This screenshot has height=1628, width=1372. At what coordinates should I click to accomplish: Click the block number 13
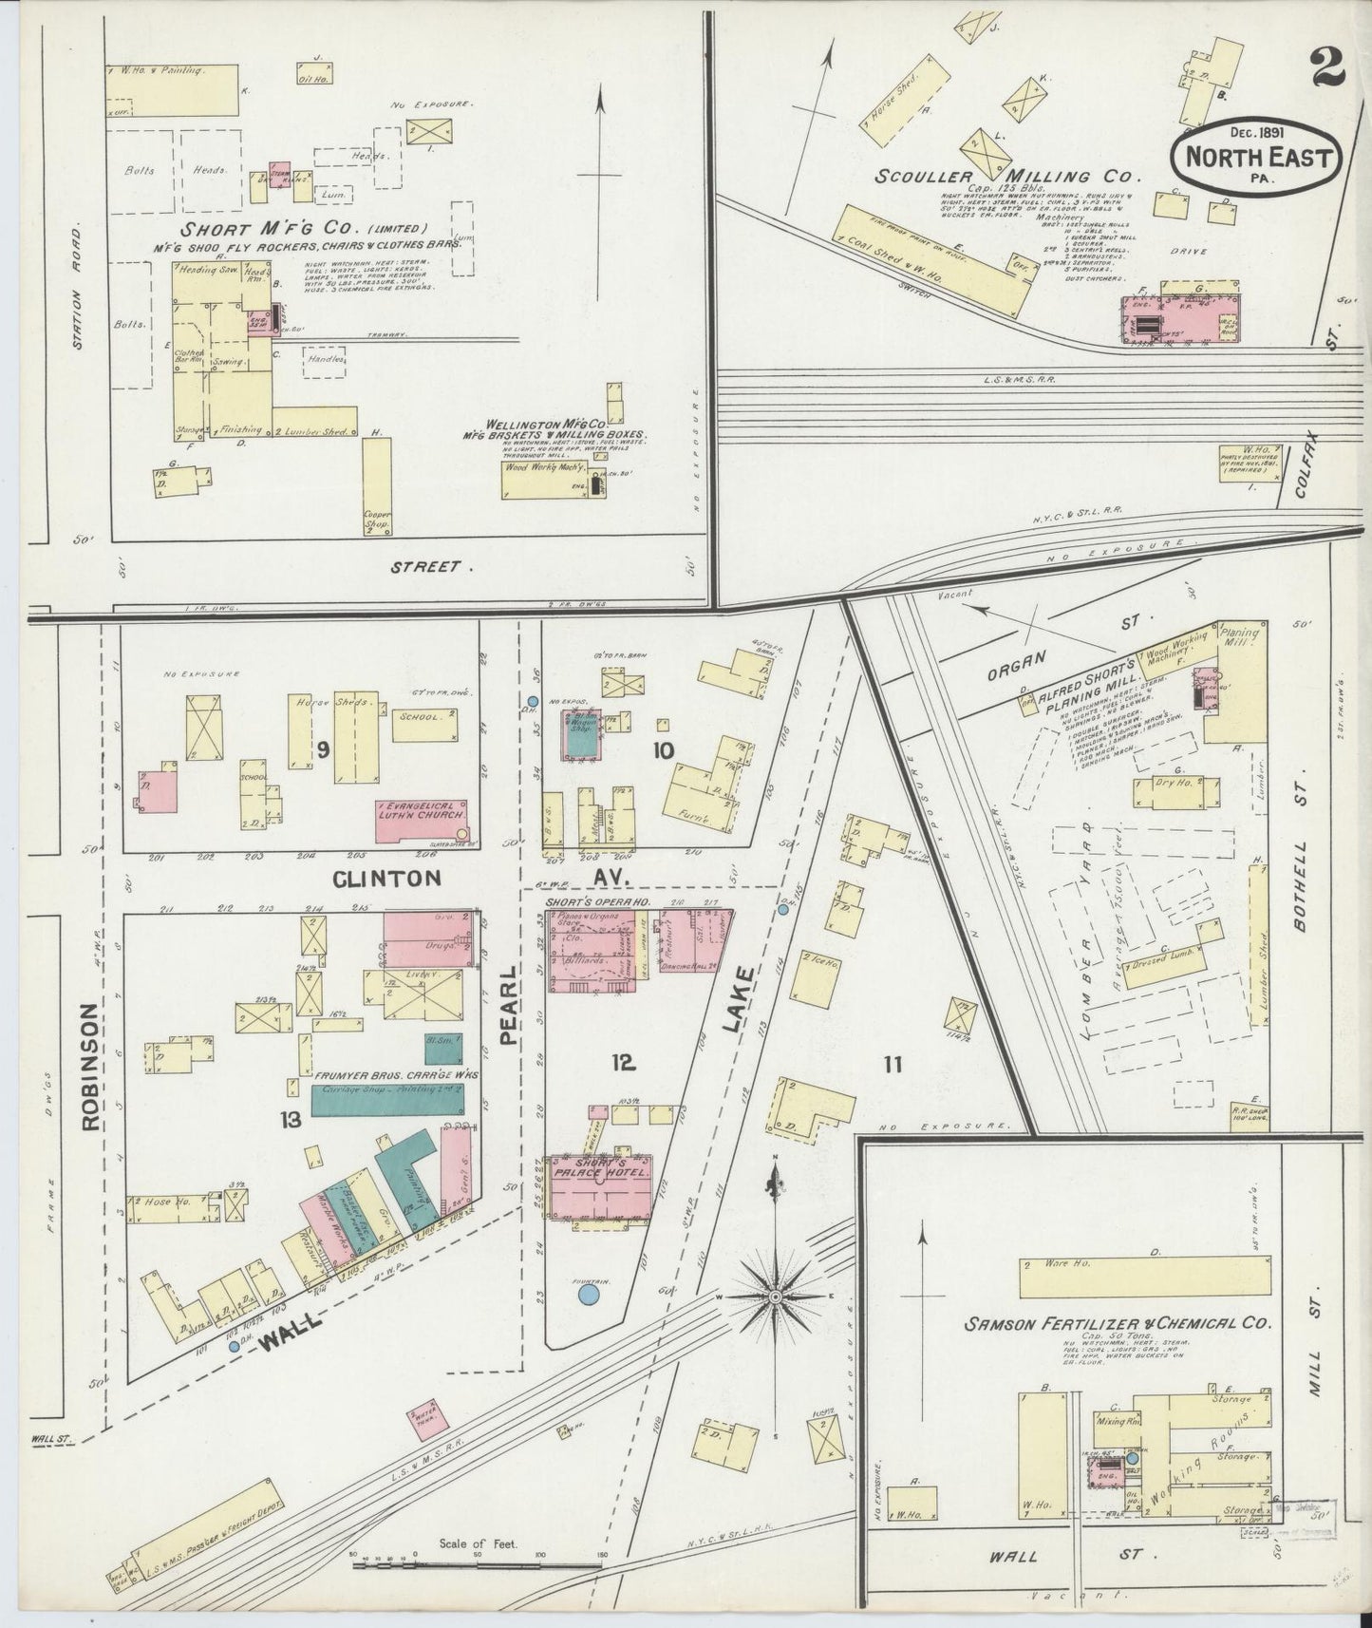(290, 1121)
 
